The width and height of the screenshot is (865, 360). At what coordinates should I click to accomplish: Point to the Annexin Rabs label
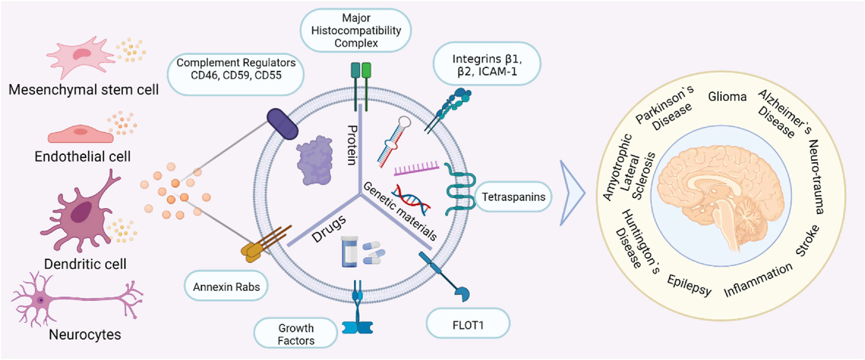pyautogui.click(x=226, y=287)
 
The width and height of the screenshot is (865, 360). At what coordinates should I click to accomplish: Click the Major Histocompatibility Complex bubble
pyautogui.click(x=356, y=30)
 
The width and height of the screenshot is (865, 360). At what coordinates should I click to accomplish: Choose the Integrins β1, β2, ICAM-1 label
pyautogui.click(x=487, y=64)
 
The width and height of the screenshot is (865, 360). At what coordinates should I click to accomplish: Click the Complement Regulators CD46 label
pyautogui.click(x=236, y=69)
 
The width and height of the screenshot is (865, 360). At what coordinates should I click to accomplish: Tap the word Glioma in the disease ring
pyautogui.click(x=727, y=97)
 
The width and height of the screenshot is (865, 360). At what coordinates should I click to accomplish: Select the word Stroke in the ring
pyautogui.click(x=808, y=241)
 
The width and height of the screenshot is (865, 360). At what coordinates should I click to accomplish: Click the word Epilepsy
pyautogui.click(x=689, y=285)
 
